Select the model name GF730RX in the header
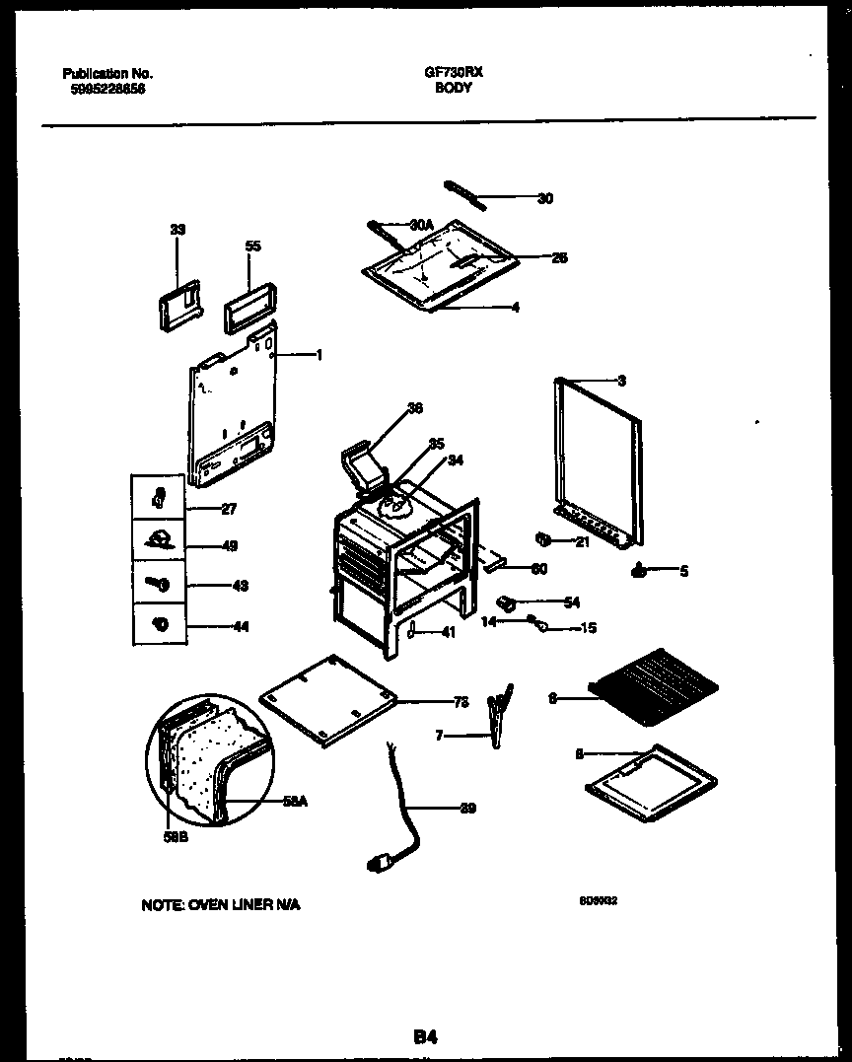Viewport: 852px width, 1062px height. (x=453, y=73)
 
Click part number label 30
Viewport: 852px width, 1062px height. (x=544, y=199)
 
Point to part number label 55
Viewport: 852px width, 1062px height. (x=252, y=247)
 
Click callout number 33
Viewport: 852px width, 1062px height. (x=177, y=230)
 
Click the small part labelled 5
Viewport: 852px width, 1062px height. (x=639, y=570)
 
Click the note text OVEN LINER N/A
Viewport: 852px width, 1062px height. (x=220, y=905)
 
